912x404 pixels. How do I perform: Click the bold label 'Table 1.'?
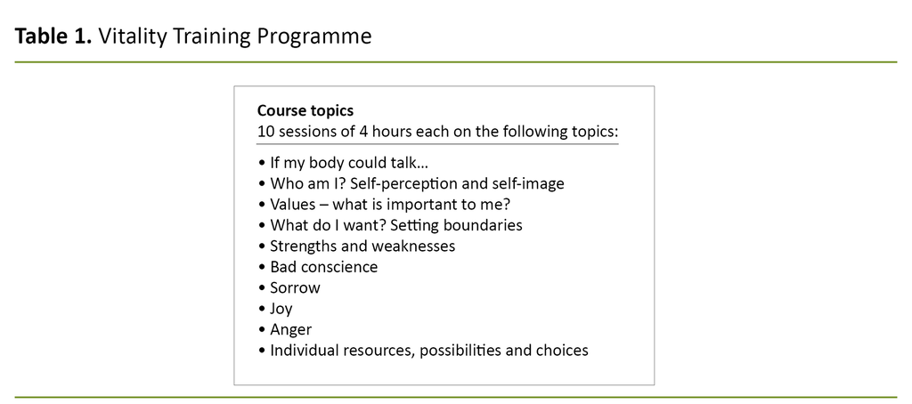tap(53, 36)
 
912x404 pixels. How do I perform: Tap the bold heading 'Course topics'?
tap(305, 111)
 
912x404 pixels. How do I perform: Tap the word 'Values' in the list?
tap(294, 205)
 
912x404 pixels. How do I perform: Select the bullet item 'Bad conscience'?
tap(323, 267)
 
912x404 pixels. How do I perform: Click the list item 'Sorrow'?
tap(295, 288)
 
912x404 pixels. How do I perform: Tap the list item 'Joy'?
tap(281, 309)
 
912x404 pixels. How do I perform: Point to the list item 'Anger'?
tap(291, 330)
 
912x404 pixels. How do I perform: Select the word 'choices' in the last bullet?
tap(562, 351)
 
